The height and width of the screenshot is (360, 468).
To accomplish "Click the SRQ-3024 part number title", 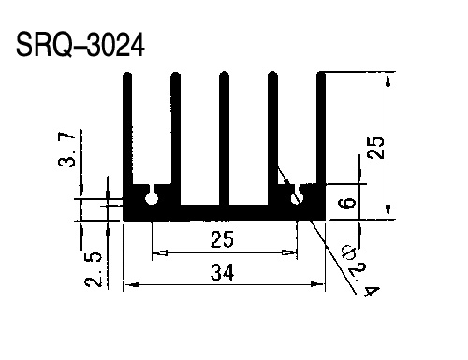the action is tap(80, 45).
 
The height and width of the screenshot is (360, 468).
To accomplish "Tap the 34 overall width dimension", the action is tap(222, 272).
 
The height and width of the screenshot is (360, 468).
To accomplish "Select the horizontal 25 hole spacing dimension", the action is tap(222, 239).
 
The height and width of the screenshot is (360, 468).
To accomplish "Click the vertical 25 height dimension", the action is tap(376, 148).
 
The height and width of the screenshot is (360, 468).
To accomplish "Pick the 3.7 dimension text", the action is tap(66, 150).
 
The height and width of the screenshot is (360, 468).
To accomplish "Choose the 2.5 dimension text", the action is tap(94, 269).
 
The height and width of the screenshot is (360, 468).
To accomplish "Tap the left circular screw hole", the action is tap(152, 198).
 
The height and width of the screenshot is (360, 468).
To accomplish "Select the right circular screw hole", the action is tap(297, 198).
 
